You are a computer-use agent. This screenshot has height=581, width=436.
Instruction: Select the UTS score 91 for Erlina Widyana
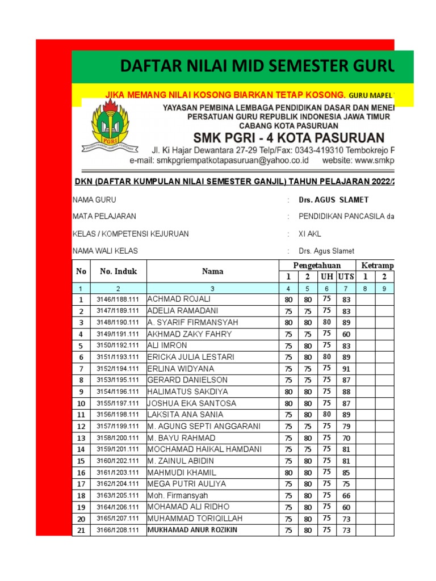346,368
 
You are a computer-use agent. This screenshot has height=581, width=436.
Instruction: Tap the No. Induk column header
119,271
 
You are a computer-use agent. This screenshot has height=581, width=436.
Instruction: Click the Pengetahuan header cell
317,266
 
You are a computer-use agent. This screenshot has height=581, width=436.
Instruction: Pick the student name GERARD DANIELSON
187,380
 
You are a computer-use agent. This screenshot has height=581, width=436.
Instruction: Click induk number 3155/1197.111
118,403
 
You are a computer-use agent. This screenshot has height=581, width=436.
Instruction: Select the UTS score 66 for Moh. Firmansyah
346,495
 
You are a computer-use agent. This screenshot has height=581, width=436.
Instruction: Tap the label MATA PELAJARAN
104,217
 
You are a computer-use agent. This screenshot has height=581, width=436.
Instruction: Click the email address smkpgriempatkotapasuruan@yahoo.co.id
219,161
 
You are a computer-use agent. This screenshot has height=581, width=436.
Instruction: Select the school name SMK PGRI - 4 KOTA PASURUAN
288,138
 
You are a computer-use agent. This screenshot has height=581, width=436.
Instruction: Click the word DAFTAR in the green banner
149,67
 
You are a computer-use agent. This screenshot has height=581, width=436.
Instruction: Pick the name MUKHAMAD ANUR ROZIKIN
192,530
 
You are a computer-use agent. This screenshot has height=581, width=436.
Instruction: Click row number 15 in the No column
81,461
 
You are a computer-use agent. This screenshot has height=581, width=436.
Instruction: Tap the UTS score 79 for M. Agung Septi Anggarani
346,426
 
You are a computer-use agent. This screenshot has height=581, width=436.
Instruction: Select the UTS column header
345,277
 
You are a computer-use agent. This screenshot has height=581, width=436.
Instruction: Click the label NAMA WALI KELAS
105,251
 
